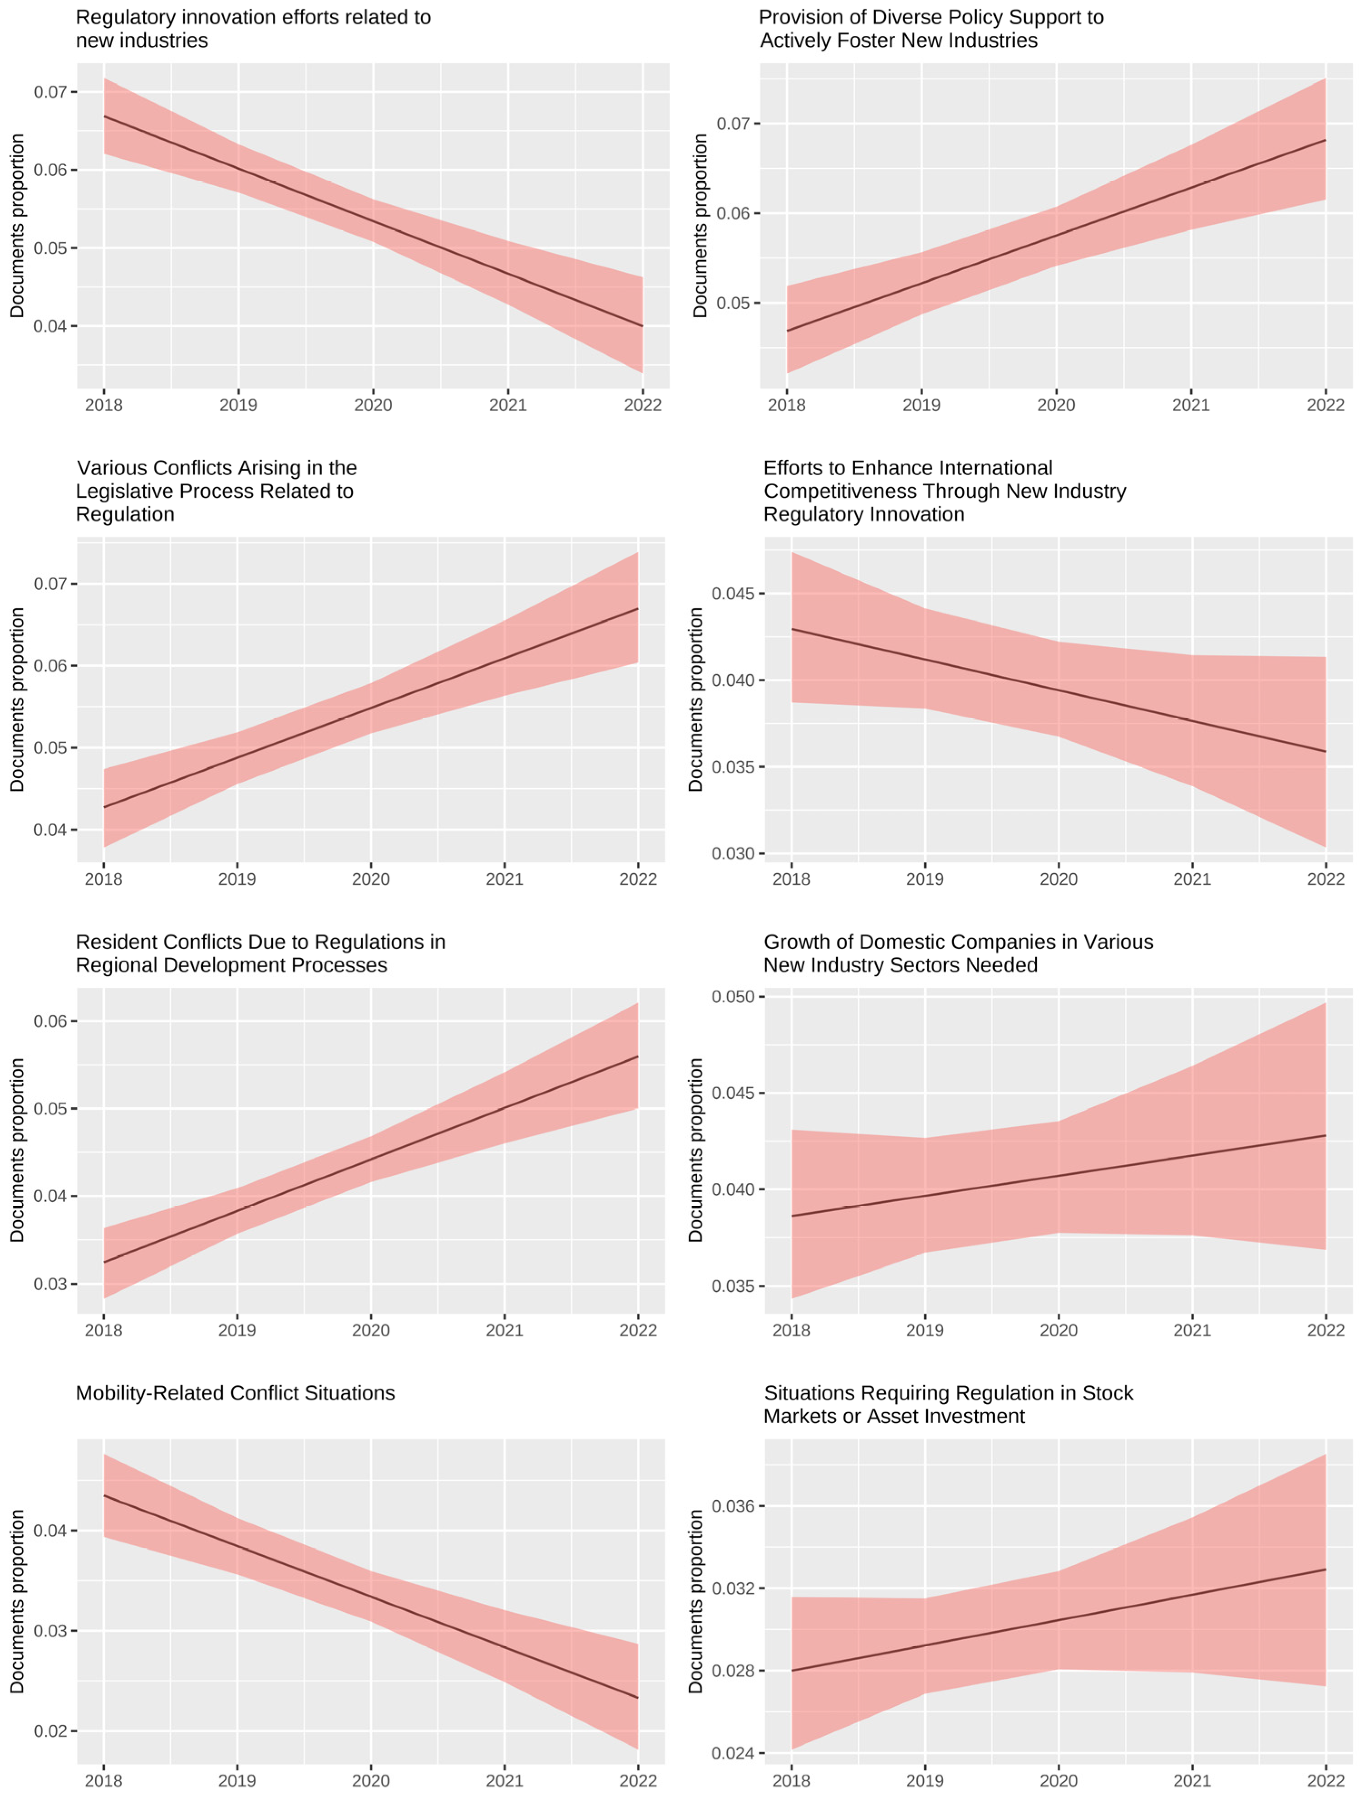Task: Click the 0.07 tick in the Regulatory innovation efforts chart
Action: (x=50, y=92)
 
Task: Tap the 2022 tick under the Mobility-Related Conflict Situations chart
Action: (x=638, y=1780)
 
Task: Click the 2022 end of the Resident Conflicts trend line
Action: (x=638, y=1056)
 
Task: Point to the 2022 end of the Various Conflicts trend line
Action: (x=638, y=608)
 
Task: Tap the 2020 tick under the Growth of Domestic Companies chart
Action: (x=1058, y=1330)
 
